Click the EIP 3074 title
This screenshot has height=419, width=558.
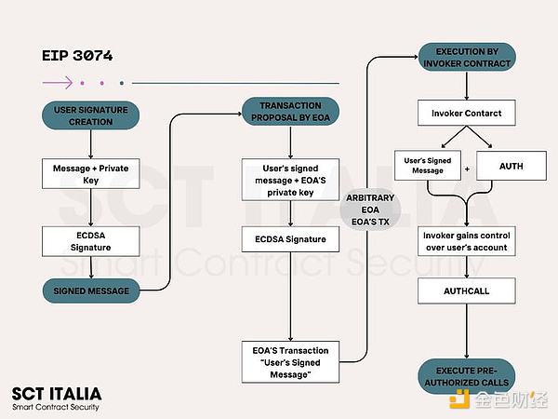coord(77,56)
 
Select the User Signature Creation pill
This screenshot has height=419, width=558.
coord(90,115)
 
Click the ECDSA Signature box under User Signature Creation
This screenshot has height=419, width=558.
coord(90,239)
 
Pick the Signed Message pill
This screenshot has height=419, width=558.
coord(90,291)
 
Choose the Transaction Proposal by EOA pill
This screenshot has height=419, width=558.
coord(290,112)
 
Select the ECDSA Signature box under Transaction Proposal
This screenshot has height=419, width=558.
coord(290,239)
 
